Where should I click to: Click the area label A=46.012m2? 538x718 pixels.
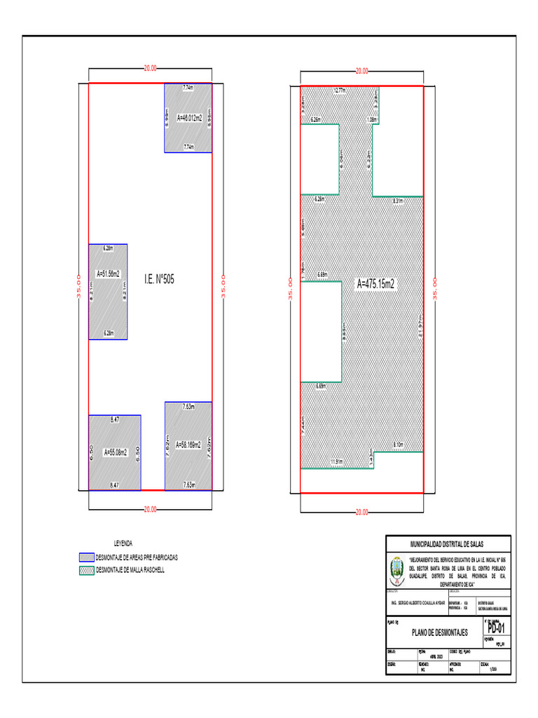(x=189, y=118)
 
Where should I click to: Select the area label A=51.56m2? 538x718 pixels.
(x=108, y=273)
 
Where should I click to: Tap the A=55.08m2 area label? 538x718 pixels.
(x=116, y=452)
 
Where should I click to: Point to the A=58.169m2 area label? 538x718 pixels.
(x=188, y=445)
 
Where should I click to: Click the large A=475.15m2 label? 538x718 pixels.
(x=376, y=284)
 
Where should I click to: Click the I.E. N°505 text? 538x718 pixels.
(x=159, y=279)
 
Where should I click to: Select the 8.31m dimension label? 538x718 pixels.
(x=398, y=201)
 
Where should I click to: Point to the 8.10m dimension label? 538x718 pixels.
(x=398, y=445)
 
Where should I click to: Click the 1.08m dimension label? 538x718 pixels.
(x=372, y=120)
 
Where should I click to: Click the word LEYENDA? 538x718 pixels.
(x=123, y=543)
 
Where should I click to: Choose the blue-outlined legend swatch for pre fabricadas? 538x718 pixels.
(x=86, y=557)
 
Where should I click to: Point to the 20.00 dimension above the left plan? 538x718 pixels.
(x=150, y=69)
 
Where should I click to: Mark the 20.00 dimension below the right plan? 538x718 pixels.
(x=361, y=513)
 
